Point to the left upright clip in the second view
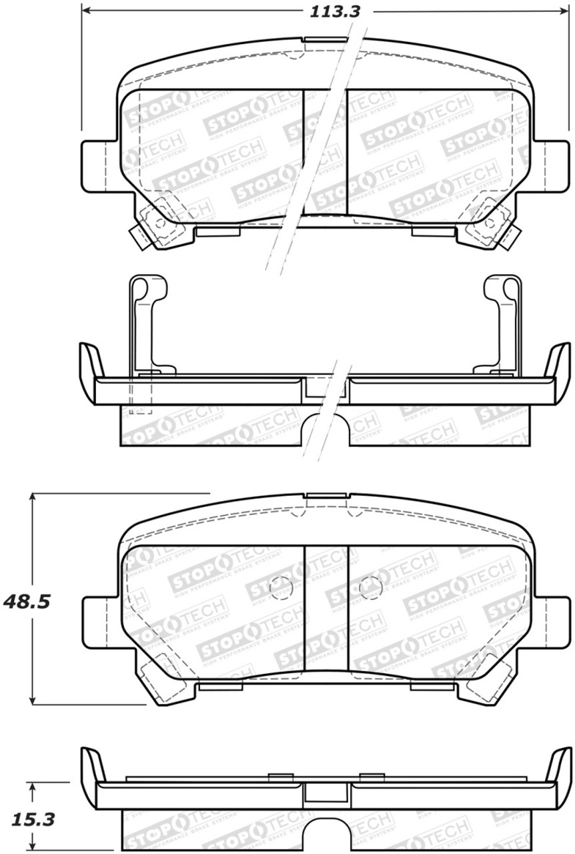click(143, 320)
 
